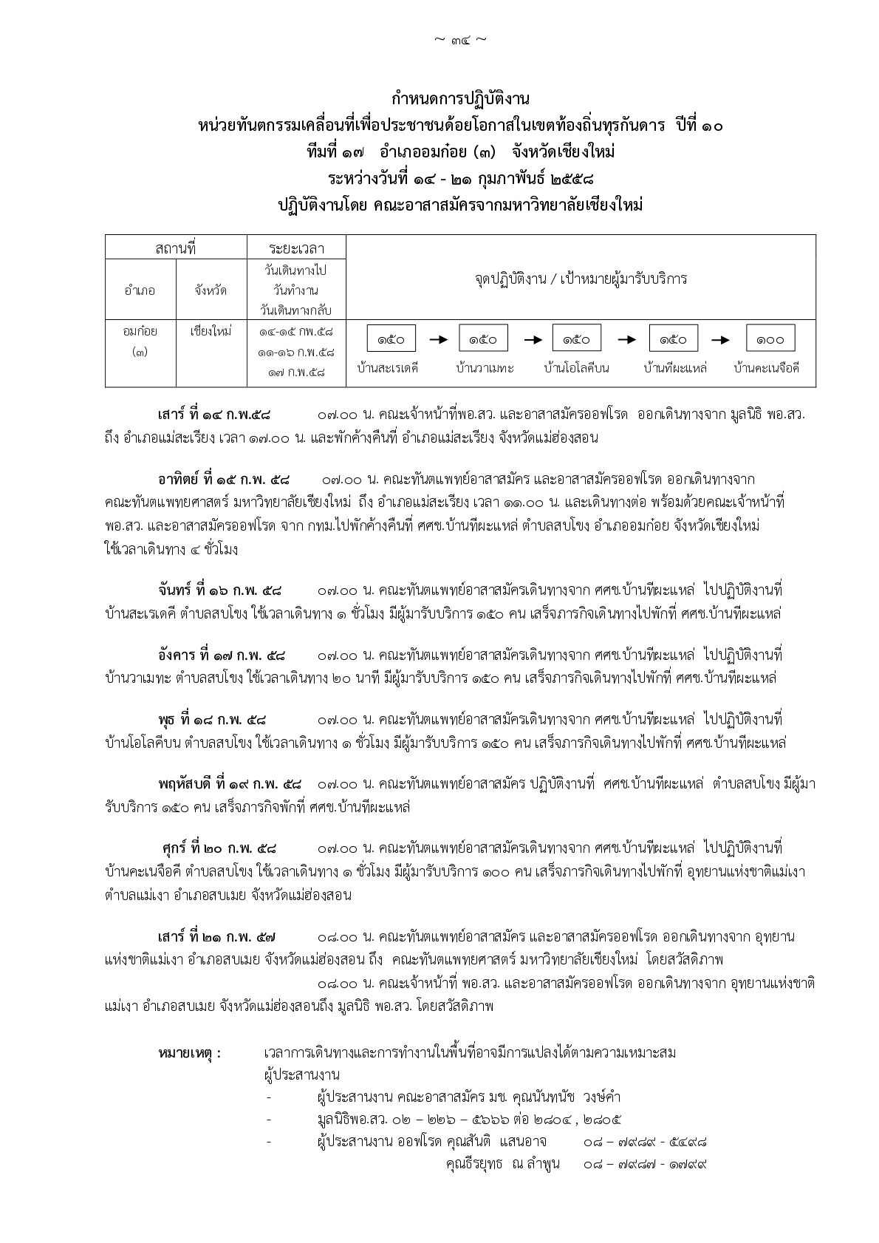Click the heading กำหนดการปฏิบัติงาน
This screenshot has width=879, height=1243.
[460, 99]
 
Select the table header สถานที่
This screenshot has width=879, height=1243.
[175, 248]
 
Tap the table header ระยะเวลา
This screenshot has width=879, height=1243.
[296, 248]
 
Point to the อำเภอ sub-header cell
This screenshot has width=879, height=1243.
[140, 290]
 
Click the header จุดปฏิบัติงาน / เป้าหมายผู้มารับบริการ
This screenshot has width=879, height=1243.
[581, 279]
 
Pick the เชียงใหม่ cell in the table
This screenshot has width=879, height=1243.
[211, 331]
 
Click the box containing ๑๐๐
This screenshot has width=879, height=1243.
[769, 338]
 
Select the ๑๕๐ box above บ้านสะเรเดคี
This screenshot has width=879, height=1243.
[391, 338]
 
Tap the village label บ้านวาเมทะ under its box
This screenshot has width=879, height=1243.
[485, 368]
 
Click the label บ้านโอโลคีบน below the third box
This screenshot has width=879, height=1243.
[576, 368]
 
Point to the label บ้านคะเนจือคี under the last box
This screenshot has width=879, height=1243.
[766, 368]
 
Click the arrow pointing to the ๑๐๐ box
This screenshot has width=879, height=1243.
[721, 339]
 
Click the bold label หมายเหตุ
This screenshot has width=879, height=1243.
[189, 1053]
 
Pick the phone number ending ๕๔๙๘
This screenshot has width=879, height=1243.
[645, 1142]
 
